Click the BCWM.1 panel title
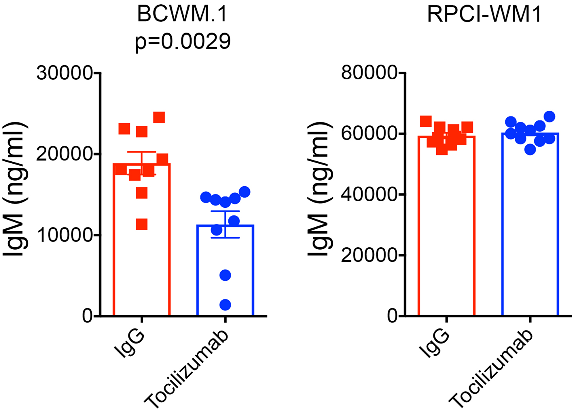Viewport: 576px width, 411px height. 183,14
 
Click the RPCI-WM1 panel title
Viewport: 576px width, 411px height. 484,14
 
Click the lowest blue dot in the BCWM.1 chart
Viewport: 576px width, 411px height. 225,305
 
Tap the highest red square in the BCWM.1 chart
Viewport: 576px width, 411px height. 159,117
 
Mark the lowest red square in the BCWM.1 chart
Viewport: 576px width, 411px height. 142,224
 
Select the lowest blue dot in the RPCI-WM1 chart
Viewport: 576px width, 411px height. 530,149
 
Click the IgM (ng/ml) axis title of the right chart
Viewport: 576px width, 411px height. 320,188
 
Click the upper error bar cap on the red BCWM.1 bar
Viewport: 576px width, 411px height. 142,152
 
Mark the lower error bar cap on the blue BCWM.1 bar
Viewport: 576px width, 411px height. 225,238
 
